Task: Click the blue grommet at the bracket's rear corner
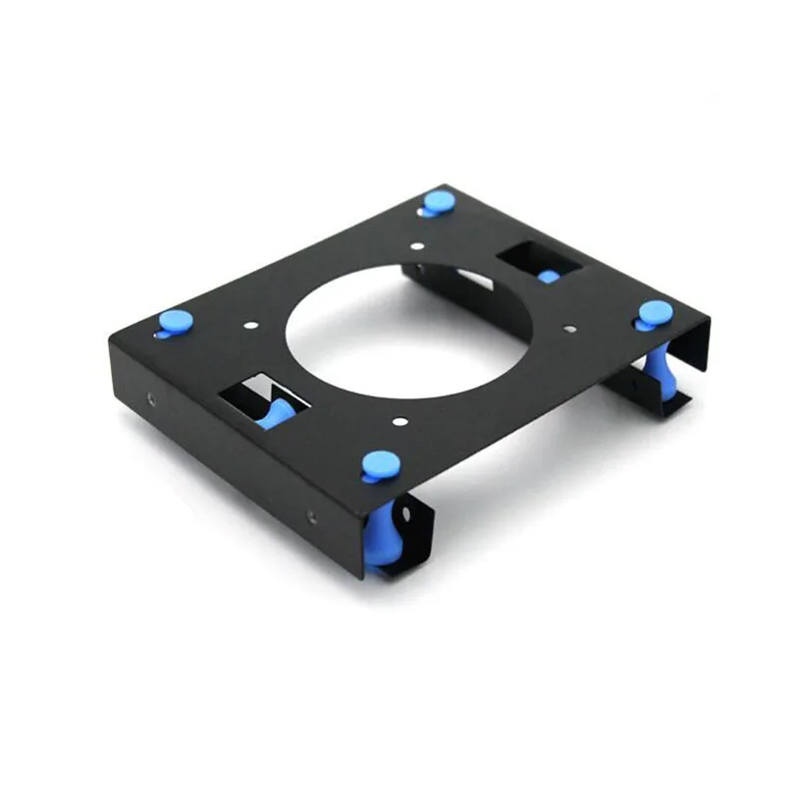[439, 202]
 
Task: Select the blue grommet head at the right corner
[654, 313]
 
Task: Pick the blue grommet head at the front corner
[379, 464]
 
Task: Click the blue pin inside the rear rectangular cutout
[549, 277]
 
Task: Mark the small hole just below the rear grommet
[419, 246]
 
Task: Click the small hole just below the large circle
[399, 422]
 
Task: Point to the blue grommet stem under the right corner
[659, 373]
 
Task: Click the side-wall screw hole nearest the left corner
[151, 399]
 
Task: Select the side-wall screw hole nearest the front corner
[311, 516]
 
